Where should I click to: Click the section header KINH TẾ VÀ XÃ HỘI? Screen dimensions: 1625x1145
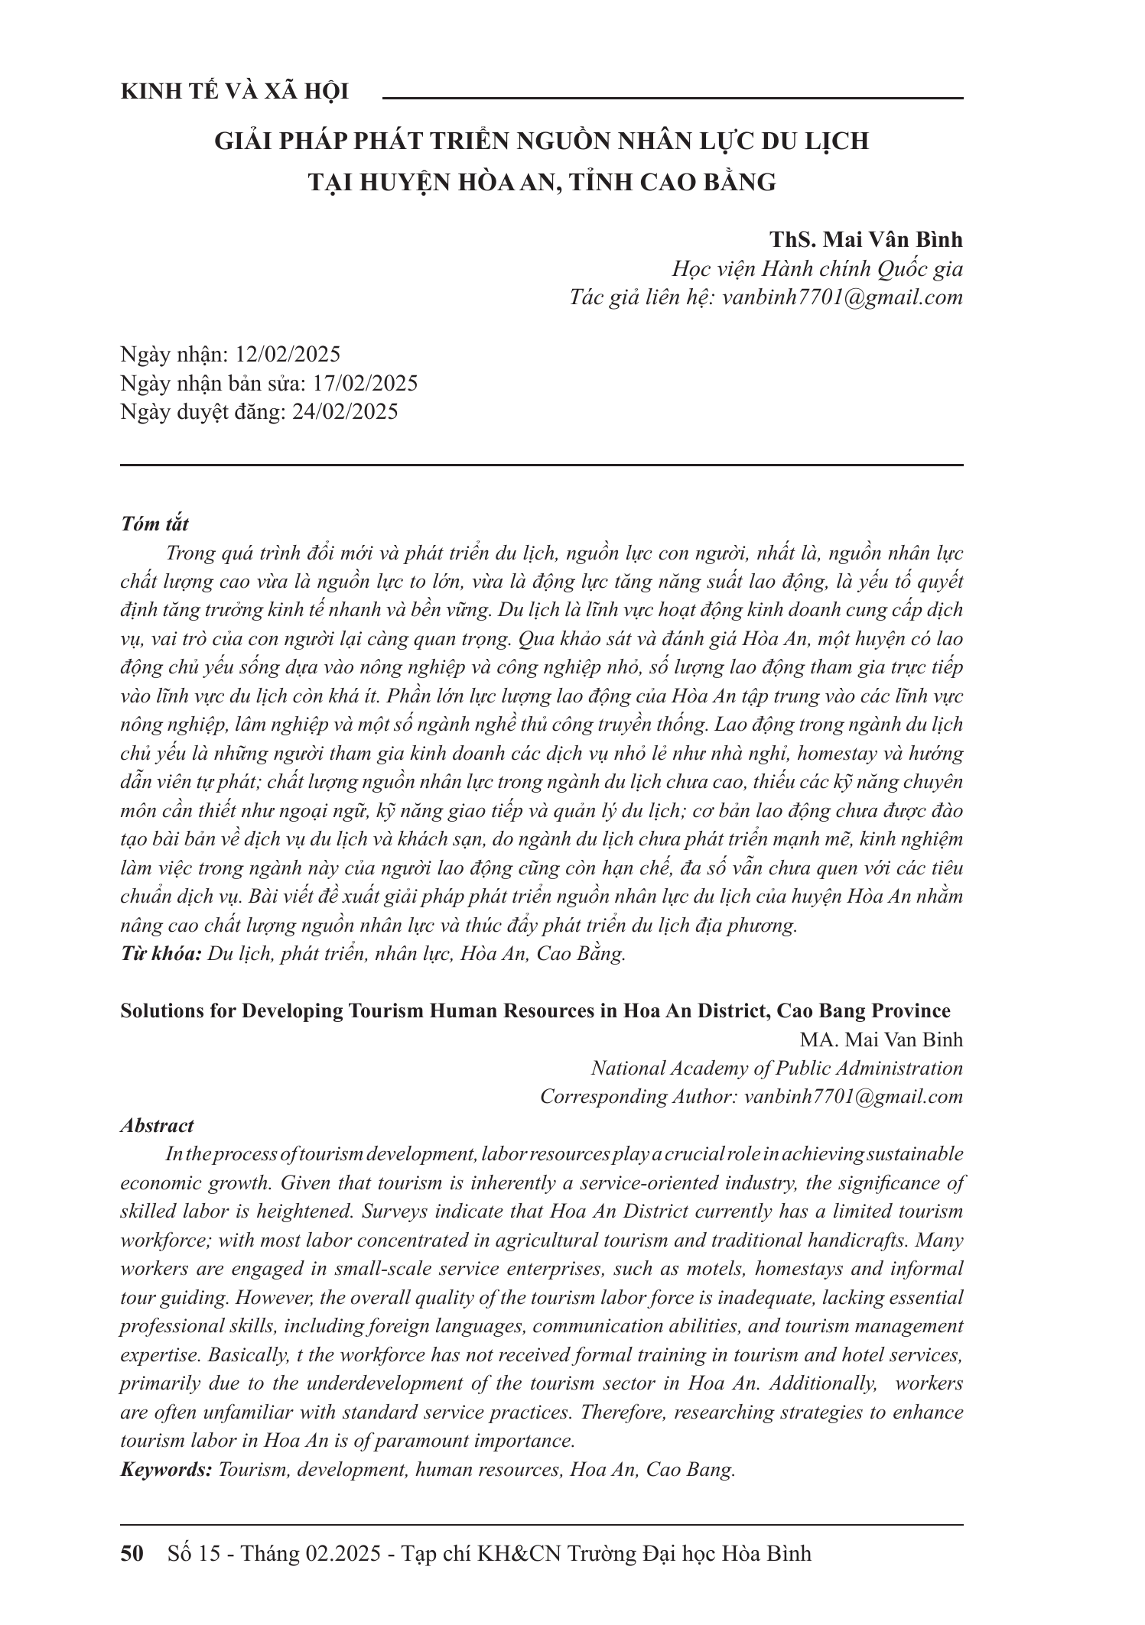tap(235, 92)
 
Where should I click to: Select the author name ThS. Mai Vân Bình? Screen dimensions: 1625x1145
tap(867, 239)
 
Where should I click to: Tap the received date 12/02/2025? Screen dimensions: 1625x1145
tap(288, 354)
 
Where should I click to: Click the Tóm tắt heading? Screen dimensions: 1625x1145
tap(155, 524)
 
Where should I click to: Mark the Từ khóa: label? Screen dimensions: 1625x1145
tap(161, 954)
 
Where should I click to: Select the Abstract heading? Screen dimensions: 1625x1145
tap(157, 1125)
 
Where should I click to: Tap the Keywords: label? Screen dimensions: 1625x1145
tap(166, 1470)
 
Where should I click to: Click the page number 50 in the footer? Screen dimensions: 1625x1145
tap(132, 1554)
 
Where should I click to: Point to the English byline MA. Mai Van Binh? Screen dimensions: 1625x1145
tap(881, 1040)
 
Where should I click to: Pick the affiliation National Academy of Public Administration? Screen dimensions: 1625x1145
tap(776, 1068)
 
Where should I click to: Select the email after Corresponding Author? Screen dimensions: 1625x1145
tap(853, 1096)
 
